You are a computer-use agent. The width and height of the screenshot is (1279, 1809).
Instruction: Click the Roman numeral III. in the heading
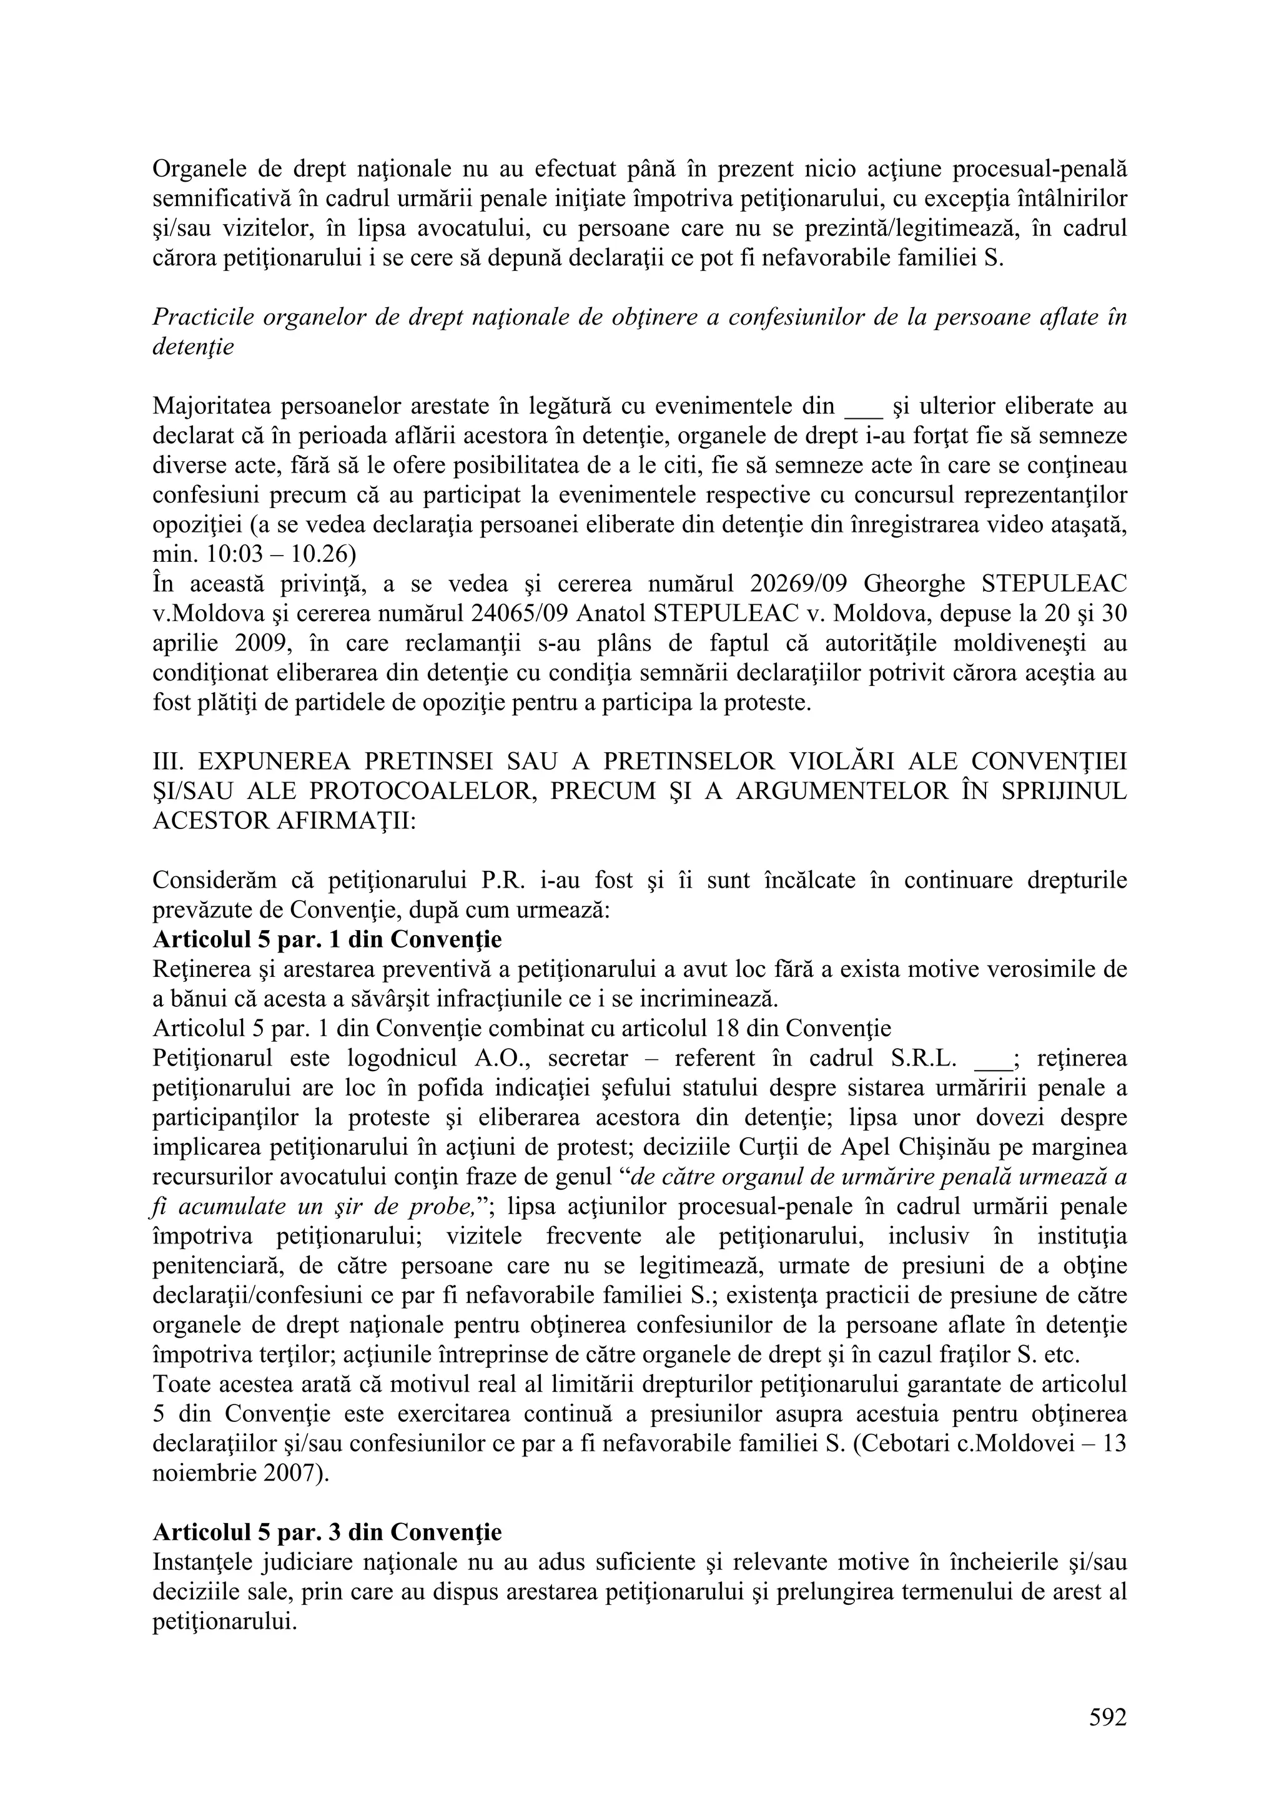tap(166, 762)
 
